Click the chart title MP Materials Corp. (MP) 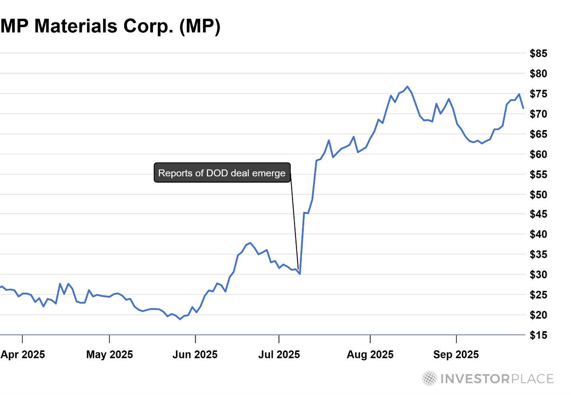point(110,26)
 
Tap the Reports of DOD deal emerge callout point(222,173)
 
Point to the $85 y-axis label point(538,53)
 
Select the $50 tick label point(538,195)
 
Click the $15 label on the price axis point(538,336)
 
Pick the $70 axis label point(538,114)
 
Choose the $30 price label point(538,275)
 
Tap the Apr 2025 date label point(23,355)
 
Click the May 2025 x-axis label point(109,355)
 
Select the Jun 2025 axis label point(195,355)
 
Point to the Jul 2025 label point(279,355)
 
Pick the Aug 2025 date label point(370,355)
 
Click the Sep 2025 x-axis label point(456,355)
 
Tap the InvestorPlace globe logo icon point(430,378)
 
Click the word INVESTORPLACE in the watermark point(497,379)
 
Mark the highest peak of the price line point(407,87)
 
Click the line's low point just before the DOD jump point(299,274)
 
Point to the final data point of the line point(523,108)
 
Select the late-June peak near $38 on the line point(250,243)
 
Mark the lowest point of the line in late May point(180,319)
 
